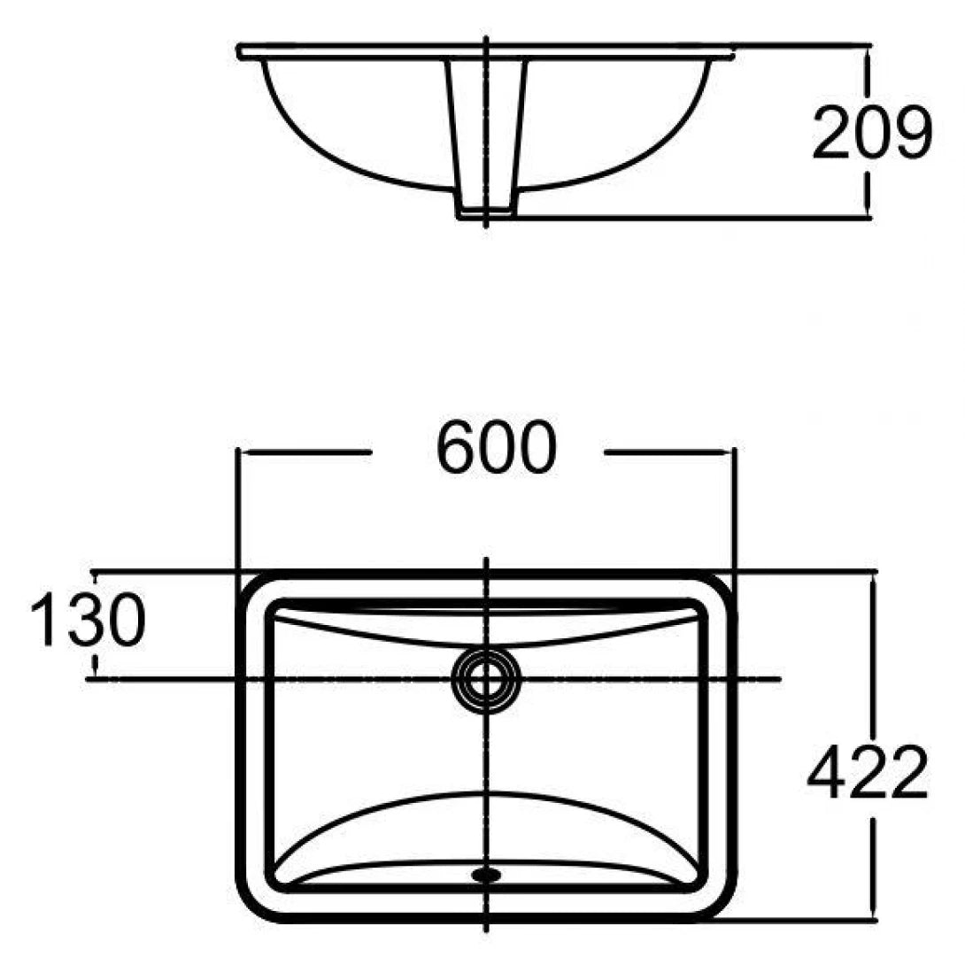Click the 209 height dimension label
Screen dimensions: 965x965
pos(872,133)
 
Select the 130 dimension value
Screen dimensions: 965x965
pos(86,620)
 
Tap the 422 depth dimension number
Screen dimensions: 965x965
pos(867,772)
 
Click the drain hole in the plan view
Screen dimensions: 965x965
pos(486,680)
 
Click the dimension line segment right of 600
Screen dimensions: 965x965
pos(668,452)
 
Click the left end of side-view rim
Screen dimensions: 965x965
pos(242,52)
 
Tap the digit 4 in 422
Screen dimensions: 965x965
pos(827,772)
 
